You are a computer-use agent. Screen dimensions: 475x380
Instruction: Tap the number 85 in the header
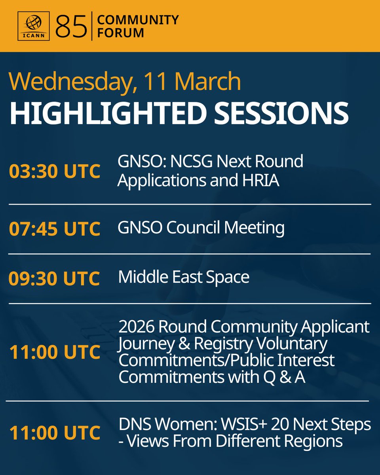point(71,27)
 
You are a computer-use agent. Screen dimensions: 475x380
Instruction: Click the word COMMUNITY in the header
point(138,19)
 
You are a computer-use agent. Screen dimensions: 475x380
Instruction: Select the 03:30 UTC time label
point(54,172)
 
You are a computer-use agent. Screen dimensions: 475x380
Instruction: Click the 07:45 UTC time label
point(54,229)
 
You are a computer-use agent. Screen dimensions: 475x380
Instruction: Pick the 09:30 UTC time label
point(54,278)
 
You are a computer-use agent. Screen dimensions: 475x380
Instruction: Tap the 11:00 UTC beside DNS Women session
point(54,433)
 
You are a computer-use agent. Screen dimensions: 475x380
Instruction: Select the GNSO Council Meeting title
point(201,228)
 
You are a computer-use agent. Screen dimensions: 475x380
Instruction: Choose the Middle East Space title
point(184,277)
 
